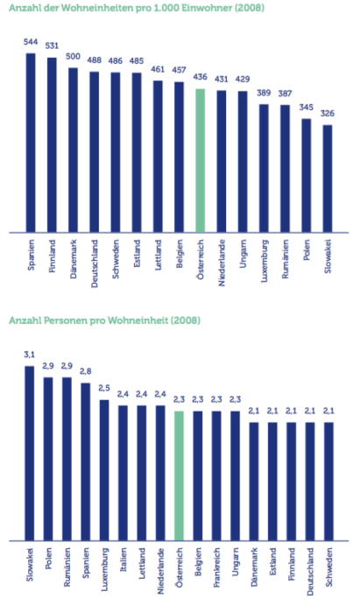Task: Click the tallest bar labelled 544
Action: pyautogui.click(x=31, y=143)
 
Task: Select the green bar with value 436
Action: pyautogui.click(x=200, y=160)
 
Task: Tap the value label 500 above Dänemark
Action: pyautogui.click(x=73, y=56)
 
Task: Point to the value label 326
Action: pyautogui.click(x=328, y=113)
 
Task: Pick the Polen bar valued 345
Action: pyautogui.click(x=306, y=175)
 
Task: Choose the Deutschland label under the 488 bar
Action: pyautogui.click(x=95, y=264)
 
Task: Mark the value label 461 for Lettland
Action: pyautogui.click(x=158, y=69)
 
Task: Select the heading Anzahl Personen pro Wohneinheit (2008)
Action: pyautogui.click(x=104, y=321)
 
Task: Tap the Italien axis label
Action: pyautogui.click(x=123, y=560)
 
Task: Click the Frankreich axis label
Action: pyautogui.click(x=216, y=567)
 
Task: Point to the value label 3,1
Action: pyautogui.click(x=30, y=355)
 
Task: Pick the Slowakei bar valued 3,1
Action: pyautogui.click(x=30, y=454)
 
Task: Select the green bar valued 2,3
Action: pyautogui.click(x=179, y=476)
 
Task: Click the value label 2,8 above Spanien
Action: pyautogui.click(x=86, y=371)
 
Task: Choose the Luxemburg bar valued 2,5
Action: pyautogui.click(x=104, y=470)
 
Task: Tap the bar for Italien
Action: pyautogui.click(x=123, y=473)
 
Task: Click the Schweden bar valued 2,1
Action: pyautogui.click(x=328, y=482)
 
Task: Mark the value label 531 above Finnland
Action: pyautogui.click(x=52, y=46)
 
